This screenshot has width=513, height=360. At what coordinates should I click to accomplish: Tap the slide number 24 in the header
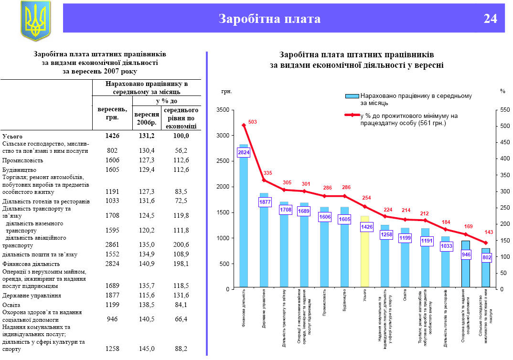(490, 19)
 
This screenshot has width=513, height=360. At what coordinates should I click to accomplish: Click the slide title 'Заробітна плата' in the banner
(269, 19)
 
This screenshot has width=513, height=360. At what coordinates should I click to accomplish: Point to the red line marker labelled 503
(244, 125)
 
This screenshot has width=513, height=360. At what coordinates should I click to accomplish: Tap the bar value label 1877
(264, 202)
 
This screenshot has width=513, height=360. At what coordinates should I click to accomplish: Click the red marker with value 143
(486, 243)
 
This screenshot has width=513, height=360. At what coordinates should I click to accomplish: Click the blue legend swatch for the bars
(352, 96)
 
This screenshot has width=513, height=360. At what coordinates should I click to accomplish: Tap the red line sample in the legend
(352, 115)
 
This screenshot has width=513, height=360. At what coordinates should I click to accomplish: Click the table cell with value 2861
(112, 245)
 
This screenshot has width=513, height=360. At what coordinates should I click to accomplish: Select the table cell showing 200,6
(181, 245)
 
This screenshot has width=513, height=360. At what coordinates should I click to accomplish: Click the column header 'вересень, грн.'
(112, 113)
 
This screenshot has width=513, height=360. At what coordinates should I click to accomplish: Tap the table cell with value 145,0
(146, 349)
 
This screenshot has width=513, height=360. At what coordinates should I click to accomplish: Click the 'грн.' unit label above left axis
(227, 91)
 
